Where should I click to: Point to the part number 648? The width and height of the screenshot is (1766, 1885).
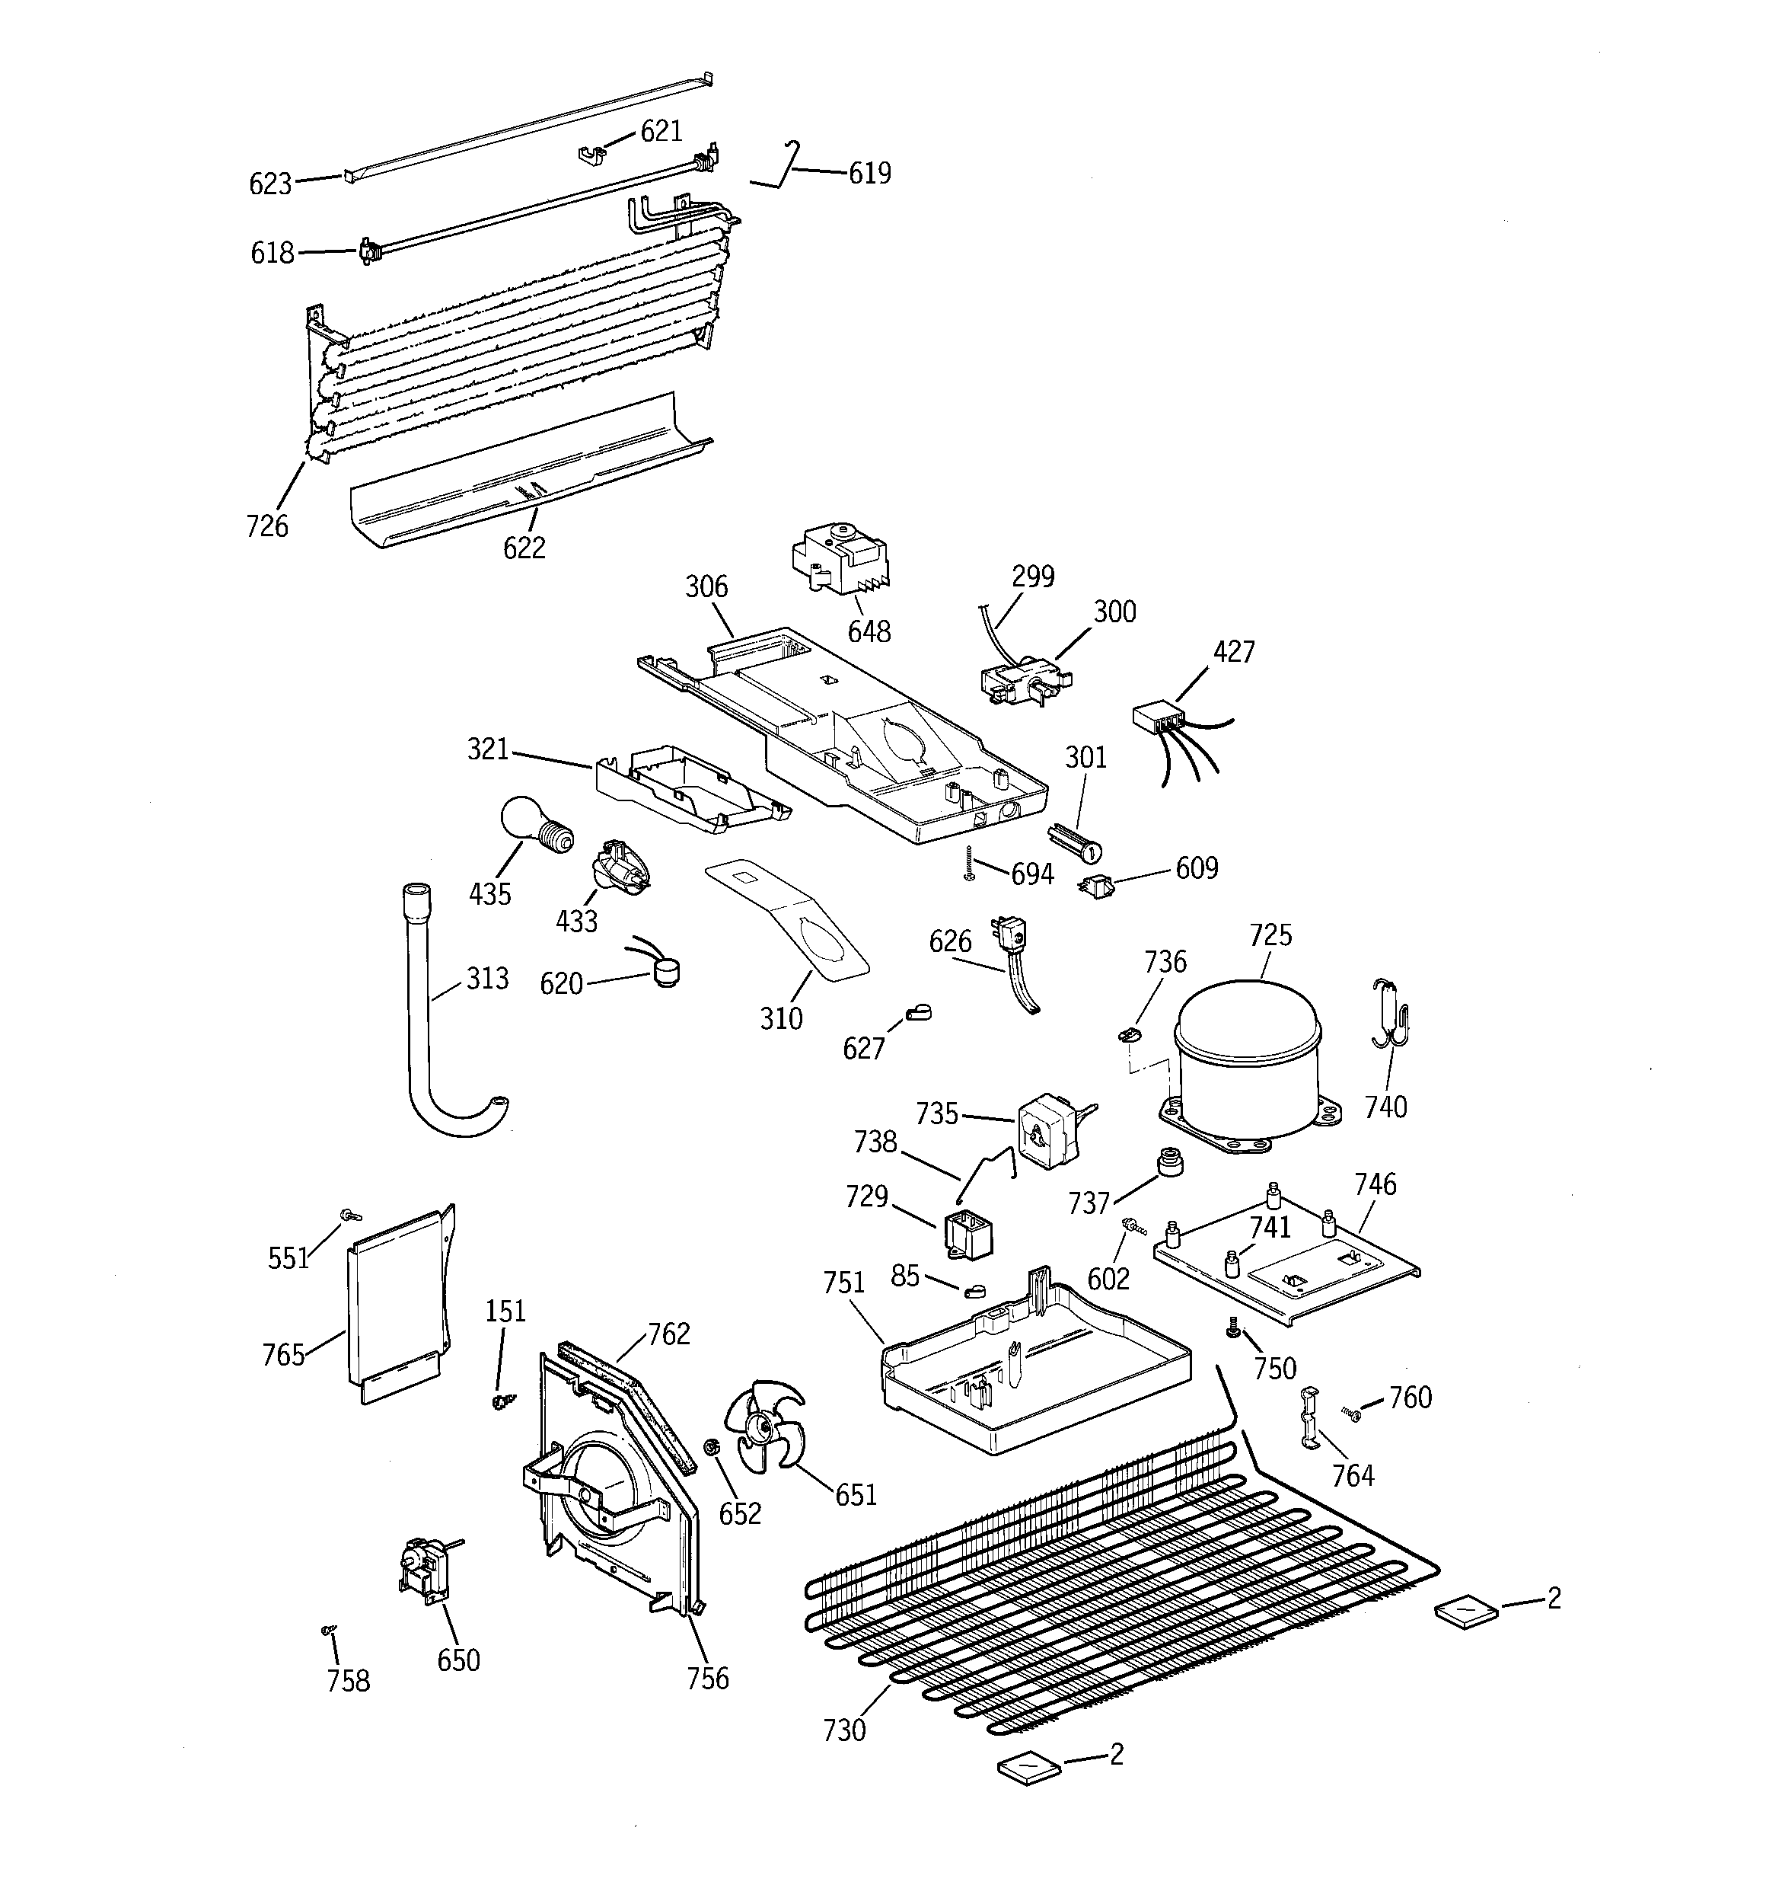(x=869, y=631)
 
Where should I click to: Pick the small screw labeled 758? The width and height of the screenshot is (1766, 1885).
(x=329, y=1629)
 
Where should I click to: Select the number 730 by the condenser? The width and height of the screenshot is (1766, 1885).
(x=843, y=1730)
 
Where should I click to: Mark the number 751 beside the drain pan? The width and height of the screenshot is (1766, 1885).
(x=843, y=1283)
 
